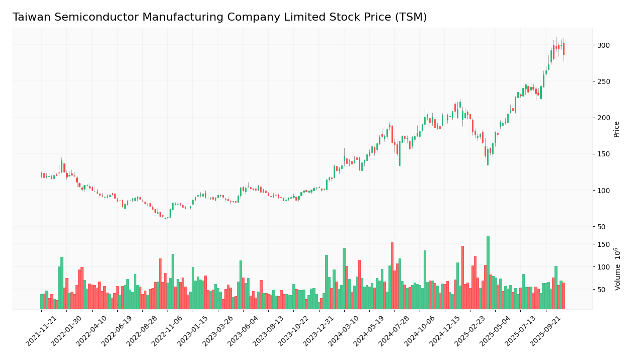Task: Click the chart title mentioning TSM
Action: tap(219, 18)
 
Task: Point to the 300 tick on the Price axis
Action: tap(603, 45)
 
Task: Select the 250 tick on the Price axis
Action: tap(603, 81)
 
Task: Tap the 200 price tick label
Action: tap(603, 118)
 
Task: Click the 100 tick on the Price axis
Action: tap(603, 191)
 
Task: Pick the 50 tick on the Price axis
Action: tap(601, 227)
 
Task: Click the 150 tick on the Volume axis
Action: tap(603, 244)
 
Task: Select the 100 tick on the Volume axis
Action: tap(603, 267)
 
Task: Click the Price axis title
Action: tap(616, 129)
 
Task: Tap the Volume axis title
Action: tap(617, 269)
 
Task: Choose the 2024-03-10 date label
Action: tap(345, 331)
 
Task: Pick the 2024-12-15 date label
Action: tap(446, 331)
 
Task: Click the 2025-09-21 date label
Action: tap(546, 331)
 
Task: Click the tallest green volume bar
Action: tap(488, 273)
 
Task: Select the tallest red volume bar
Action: tap(392, 276)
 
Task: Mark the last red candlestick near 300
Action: tap(564, 49)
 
